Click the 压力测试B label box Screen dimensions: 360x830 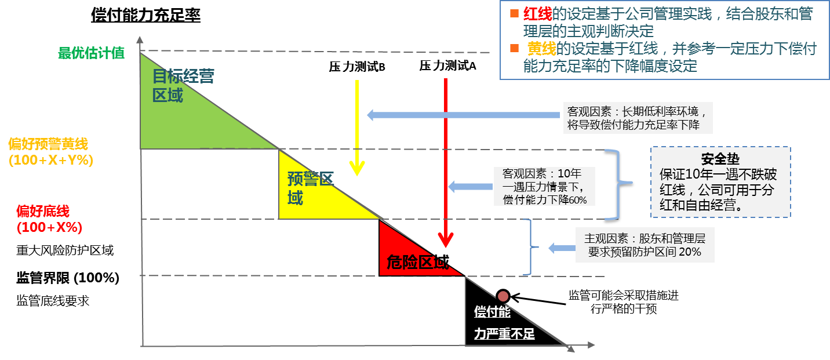[357, 67]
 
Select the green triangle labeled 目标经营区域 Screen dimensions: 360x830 [185, 116]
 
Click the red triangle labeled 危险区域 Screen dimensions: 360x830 [406, 255]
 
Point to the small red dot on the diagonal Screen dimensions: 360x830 [503, 296]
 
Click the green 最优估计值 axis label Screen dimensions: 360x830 [91, 53]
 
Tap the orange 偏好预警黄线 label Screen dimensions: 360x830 [48, 144]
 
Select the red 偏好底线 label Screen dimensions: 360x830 [43, 211]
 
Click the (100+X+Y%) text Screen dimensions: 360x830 [51, 161]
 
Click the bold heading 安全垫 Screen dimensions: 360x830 [720, 159]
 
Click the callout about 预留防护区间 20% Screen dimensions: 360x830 [645, 245]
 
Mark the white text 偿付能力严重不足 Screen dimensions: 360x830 [503, 323]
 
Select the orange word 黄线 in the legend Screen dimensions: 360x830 [540, 48]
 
